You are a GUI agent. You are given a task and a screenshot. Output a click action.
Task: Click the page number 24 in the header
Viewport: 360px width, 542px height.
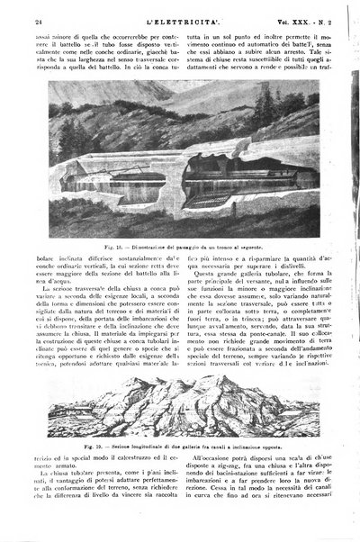coord(26,10)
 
